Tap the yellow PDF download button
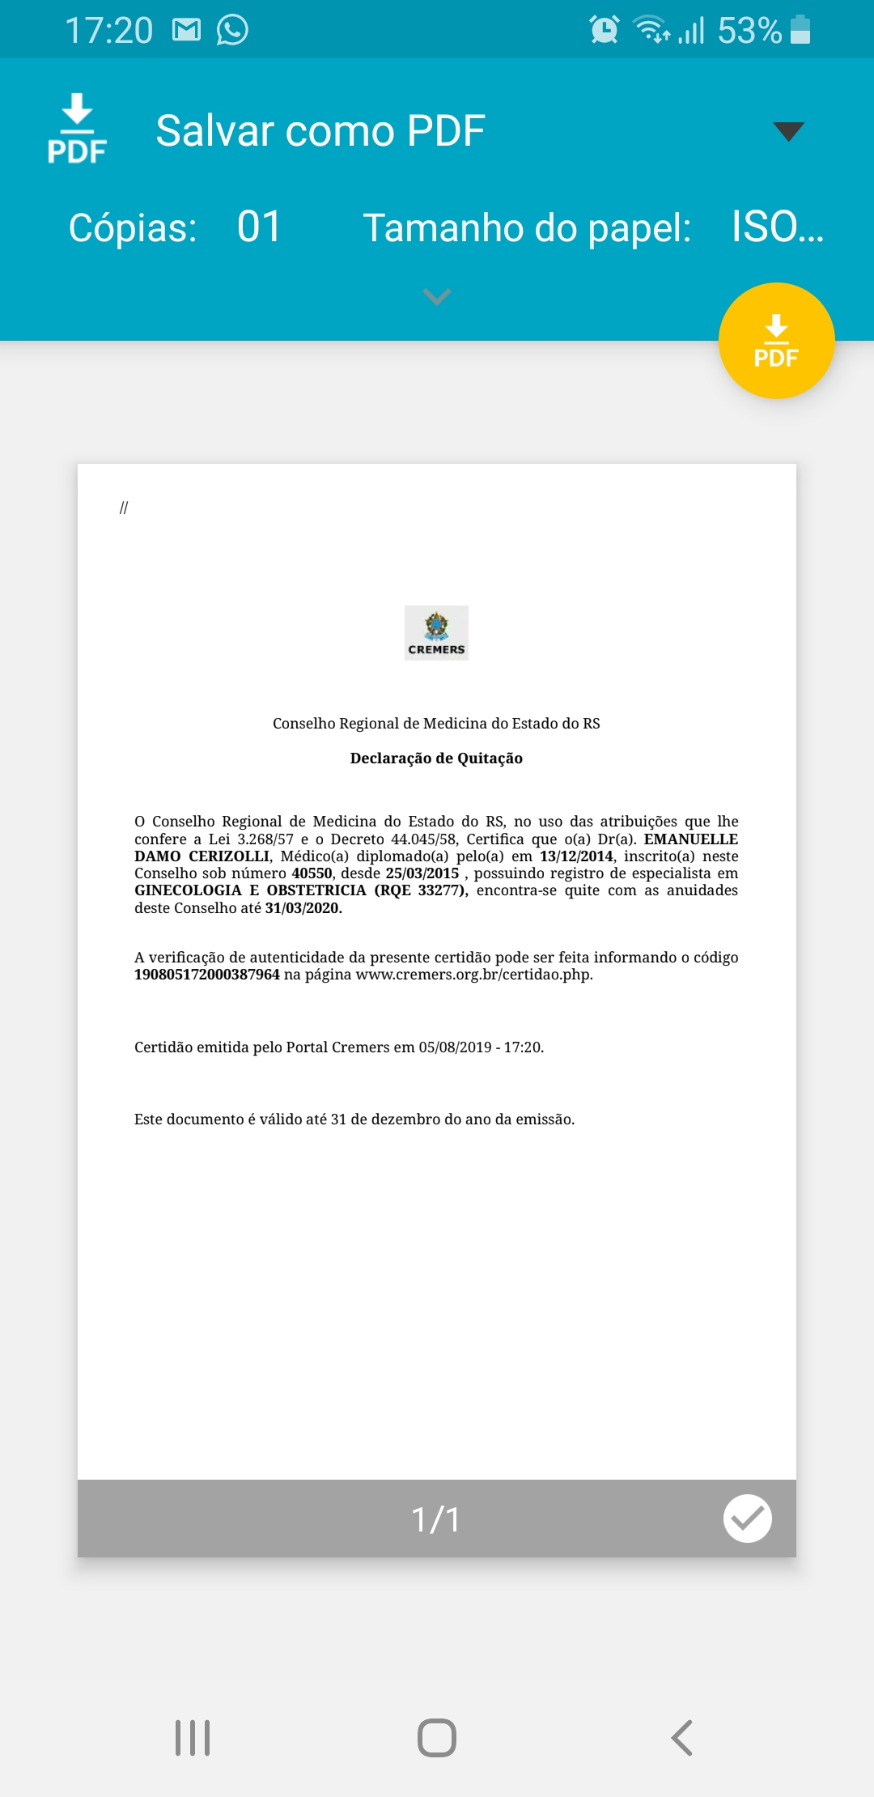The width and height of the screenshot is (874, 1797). pos(776,341)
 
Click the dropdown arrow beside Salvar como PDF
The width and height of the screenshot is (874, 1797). pos(788,131)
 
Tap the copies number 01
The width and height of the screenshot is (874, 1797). pos(259,227)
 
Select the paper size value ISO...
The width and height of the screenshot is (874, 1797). pos(777,227)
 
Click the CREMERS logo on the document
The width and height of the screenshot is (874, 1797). pos(436,633)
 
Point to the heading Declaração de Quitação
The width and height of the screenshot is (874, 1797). pos(436,758)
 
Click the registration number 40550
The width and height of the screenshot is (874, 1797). pos(312,873)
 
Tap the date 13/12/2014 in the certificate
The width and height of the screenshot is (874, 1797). pos(576,856)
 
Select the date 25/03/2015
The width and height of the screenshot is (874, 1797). pos(422,873)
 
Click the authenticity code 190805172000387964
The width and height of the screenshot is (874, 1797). pos(206,975)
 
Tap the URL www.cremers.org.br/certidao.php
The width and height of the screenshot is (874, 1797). pos(473,975)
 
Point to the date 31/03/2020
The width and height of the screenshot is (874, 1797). pos(303,908)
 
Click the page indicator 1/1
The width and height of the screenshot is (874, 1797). pos(436,1519)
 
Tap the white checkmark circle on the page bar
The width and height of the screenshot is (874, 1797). pos(747,1519)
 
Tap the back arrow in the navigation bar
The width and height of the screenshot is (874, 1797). pos(682,1738)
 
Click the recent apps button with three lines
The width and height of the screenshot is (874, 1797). pos(193,1738)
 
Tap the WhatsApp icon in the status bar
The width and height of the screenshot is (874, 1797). pos(232,31)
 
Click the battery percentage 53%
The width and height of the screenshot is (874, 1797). pos(749,31)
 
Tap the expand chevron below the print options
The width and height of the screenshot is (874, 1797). pos(436,297)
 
